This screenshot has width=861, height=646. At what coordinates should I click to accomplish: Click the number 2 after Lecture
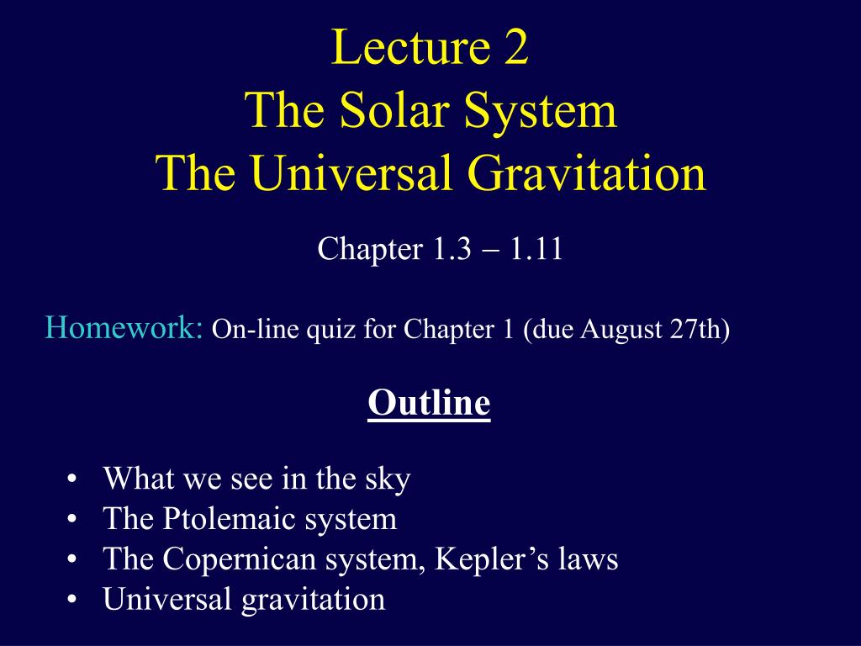pos(515,48)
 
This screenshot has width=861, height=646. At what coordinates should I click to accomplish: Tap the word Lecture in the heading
pos(410,47)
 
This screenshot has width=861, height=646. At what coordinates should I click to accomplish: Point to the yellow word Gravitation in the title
pos(588,174)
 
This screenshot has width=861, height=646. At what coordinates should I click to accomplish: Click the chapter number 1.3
pos(452,248)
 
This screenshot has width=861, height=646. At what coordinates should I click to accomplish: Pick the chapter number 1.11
pos(536,248)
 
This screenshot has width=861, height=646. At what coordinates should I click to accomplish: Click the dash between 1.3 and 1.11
pos(491,251)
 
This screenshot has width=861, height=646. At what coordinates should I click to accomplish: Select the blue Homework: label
pos(124,329)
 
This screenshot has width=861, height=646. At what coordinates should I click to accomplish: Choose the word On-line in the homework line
pos(256,330)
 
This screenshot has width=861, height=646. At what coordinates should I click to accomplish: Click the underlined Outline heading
pos(429,403)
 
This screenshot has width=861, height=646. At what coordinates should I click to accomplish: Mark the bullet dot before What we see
pos(71,479)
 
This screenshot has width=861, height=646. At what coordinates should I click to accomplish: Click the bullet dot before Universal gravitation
pos(71,599)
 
